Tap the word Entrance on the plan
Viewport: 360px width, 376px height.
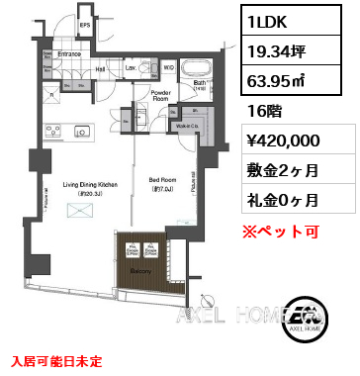pyautogui.click(x=68, y=53)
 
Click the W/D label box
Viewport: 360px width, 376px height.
pyautogui.click(x=168, y=67)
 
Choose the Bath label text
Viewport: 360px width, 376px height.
pyautogui.click(x=199, y=84)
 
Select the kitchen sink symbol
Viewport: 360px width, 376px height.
pyautogui.click(x=80, y=131)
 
